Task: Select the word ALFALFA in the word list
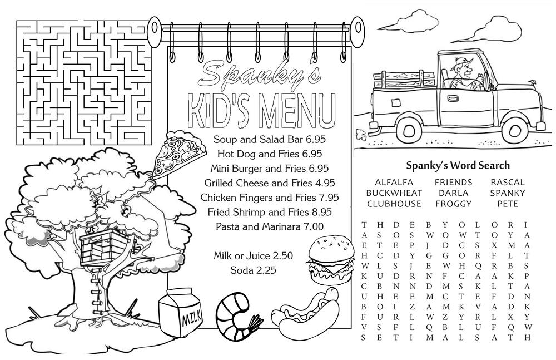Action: pyautogui.click(x=394, y=182)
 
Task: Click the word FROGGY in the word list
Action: pyautogui.click(x=453, y=204)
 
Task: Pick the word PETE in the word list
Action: pyautogui.click(x=508, y=204)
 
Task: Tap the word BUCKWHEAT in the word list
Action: pyautogui.click(x=394, y=193)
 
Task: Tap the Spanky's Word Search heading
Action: pyautogui.click(x=458, y=165)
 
